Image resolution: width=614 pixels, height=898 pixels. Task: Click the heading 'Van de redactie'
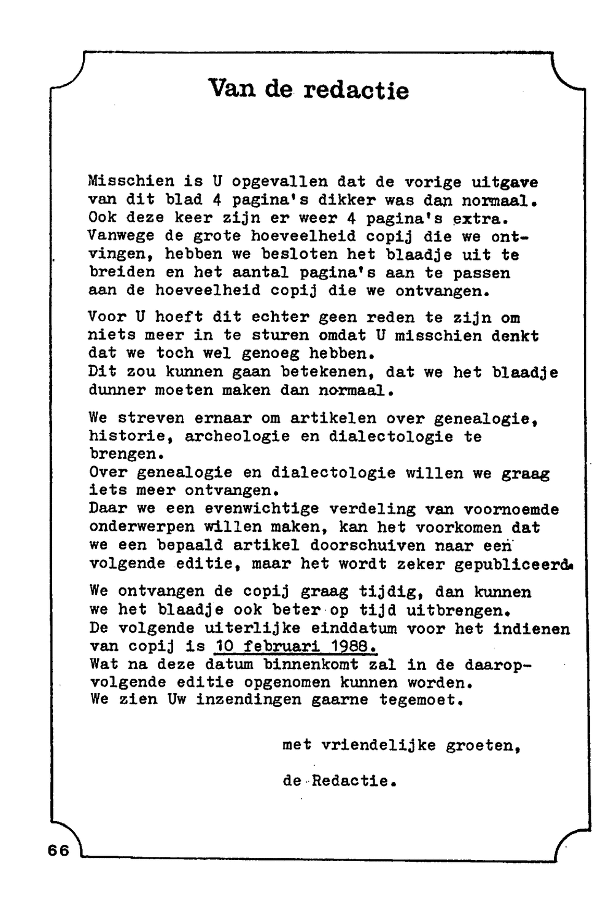pos(308,90)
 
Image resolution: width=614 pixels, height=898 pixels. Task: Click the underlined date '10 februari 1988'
pos(295,646)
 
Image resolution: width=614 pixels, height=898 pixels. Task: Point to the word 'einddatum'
pos(354,628)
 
